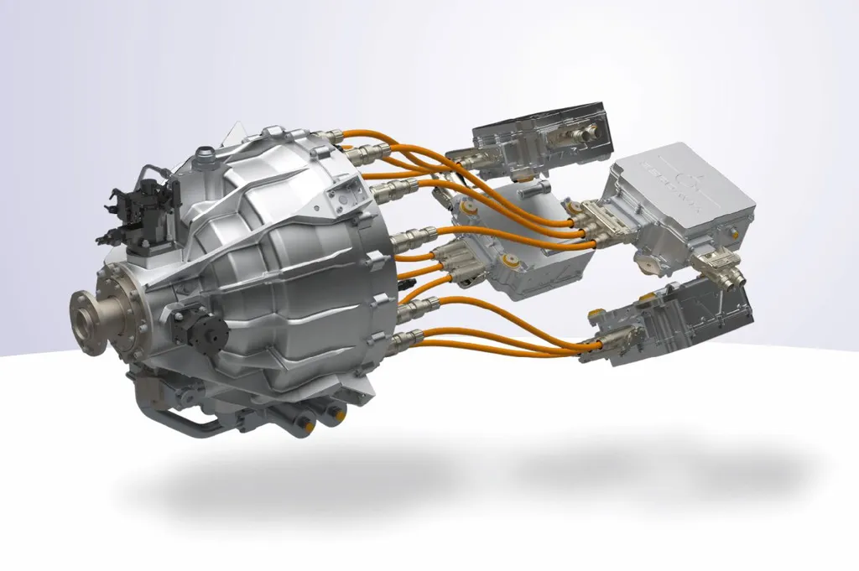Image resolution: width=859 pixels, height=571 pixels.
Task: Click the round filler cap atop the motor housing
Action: click(x=201, y=153)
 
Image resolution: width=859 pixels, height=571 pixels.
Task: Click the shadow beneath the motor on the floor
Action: click(x=277, y=495)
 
